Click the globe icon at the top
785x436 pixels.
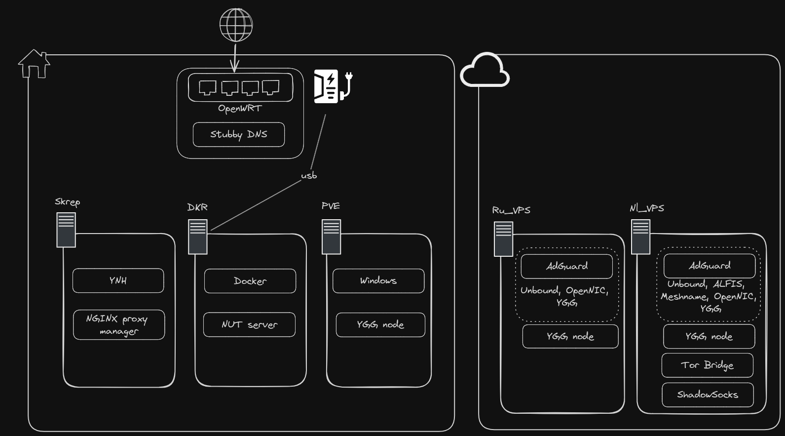[x=236, y=25]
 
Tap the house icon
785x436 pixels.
[x=34, y=64]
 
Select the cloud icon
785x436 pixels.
[x=485, y=70]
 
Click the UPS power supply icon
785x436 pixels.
[x=333, y=86]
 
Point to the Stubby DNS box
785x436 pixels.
[x=239, y=134]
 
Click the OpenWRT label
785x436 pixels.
[x=240, y=109]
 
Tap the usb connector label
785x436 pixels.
[x=309, y=175]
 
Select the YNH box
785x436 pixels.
[x=118, y=280]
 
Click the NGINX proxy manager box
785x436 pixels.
[x=119, y=325]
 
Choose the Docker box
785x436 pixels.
[x=250, y=281]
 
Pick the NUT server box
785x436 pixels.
[x=249, y=325]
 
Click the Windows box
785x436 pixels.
[x=378, y=280]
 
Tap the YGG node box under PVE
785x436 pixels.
[x=380, y=325]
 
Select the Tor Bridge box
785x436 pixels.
[x=707, y=365]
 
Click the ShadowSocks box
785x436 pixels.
[x=708, y=395]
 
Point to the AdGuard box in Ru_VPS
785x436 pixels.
[x=567, y=266]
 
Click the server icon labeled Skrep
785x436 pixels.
[x=66, y=230]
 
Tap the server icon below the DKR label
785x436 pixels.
[x=198, y=237]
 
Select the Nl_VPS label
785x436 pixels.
[x=646, y=208]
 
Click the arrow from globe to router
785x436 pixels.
[x=235, y=58]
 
